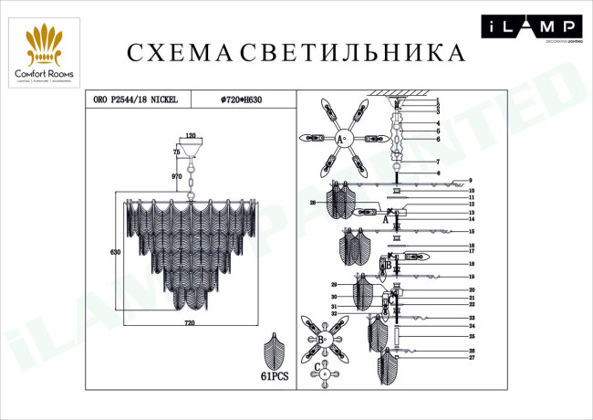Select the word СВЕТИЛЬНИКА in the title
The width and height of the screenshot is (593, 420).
(353, 52)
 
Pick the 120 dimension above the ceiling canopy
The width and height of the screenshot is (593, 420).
(191, 135)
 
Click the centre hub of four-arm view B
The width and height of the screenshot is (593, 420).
(322, 340)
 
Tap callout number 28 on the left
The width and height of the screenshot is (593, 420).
(311, 203)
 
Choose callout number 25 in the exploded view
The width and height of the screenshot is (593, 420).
(472, 336)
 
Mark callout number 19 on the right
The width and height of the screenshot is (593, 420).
(472, 276)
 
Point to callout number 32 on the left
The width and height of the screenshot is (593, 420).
(335, 313)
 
